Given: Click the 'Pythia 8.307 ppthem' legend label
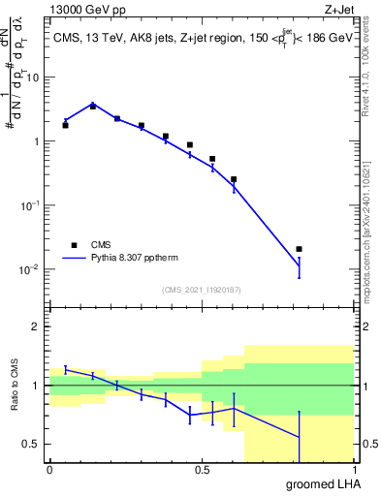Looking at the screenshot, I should point(142,259).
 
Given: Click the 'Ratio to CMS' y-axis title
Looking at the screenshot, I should point(15,401).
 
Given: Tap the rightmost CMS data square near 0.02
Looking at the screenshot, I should point(299,249).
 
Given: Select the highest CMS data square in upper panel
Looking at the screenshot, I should point(93,106).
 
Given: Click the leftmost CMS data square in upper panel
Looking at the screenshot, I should point(65,125).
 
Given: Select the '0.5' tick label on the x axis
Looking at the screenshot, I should point(202,470).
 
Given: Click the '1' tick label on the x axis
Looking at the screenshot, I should point(354,470).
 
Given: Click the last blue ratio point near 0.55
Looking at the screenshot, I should point(299,437).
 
